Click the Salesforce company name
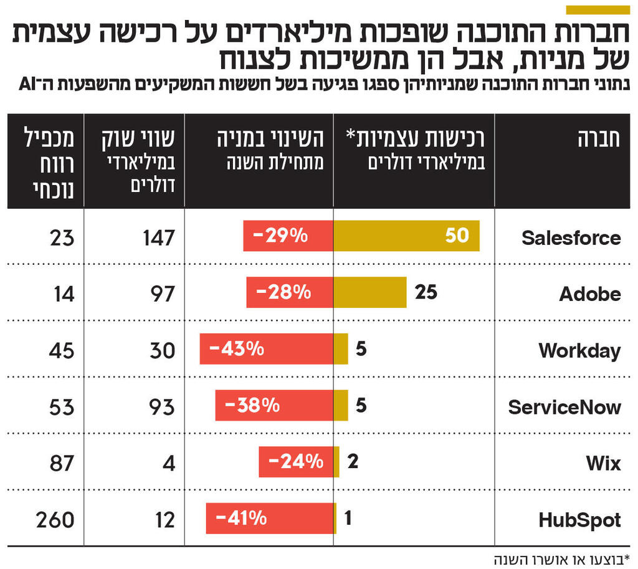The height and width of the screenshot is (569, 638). pos(571,237)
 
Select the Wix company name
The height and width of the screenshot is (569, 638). pos(603,463)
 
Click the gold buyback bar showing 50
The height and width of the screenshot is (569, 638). pos(406,236)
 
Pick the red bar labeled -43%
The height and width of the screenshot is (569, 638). pos(266,349)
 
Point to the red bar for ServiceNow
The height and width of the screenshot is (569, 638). pos(274,406)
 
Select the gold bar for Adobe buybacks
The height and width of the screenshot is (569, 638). pos(370,292)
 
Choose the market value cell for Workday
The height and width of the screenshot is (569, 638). pos(162,350)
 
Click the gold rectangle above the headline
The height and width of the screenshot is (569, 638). pos(598,9)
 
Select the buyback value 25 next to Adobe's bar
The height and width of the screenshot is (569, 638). pos(426,292)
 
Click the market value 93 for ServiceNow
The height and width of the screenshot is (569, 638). pos(162,407)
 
